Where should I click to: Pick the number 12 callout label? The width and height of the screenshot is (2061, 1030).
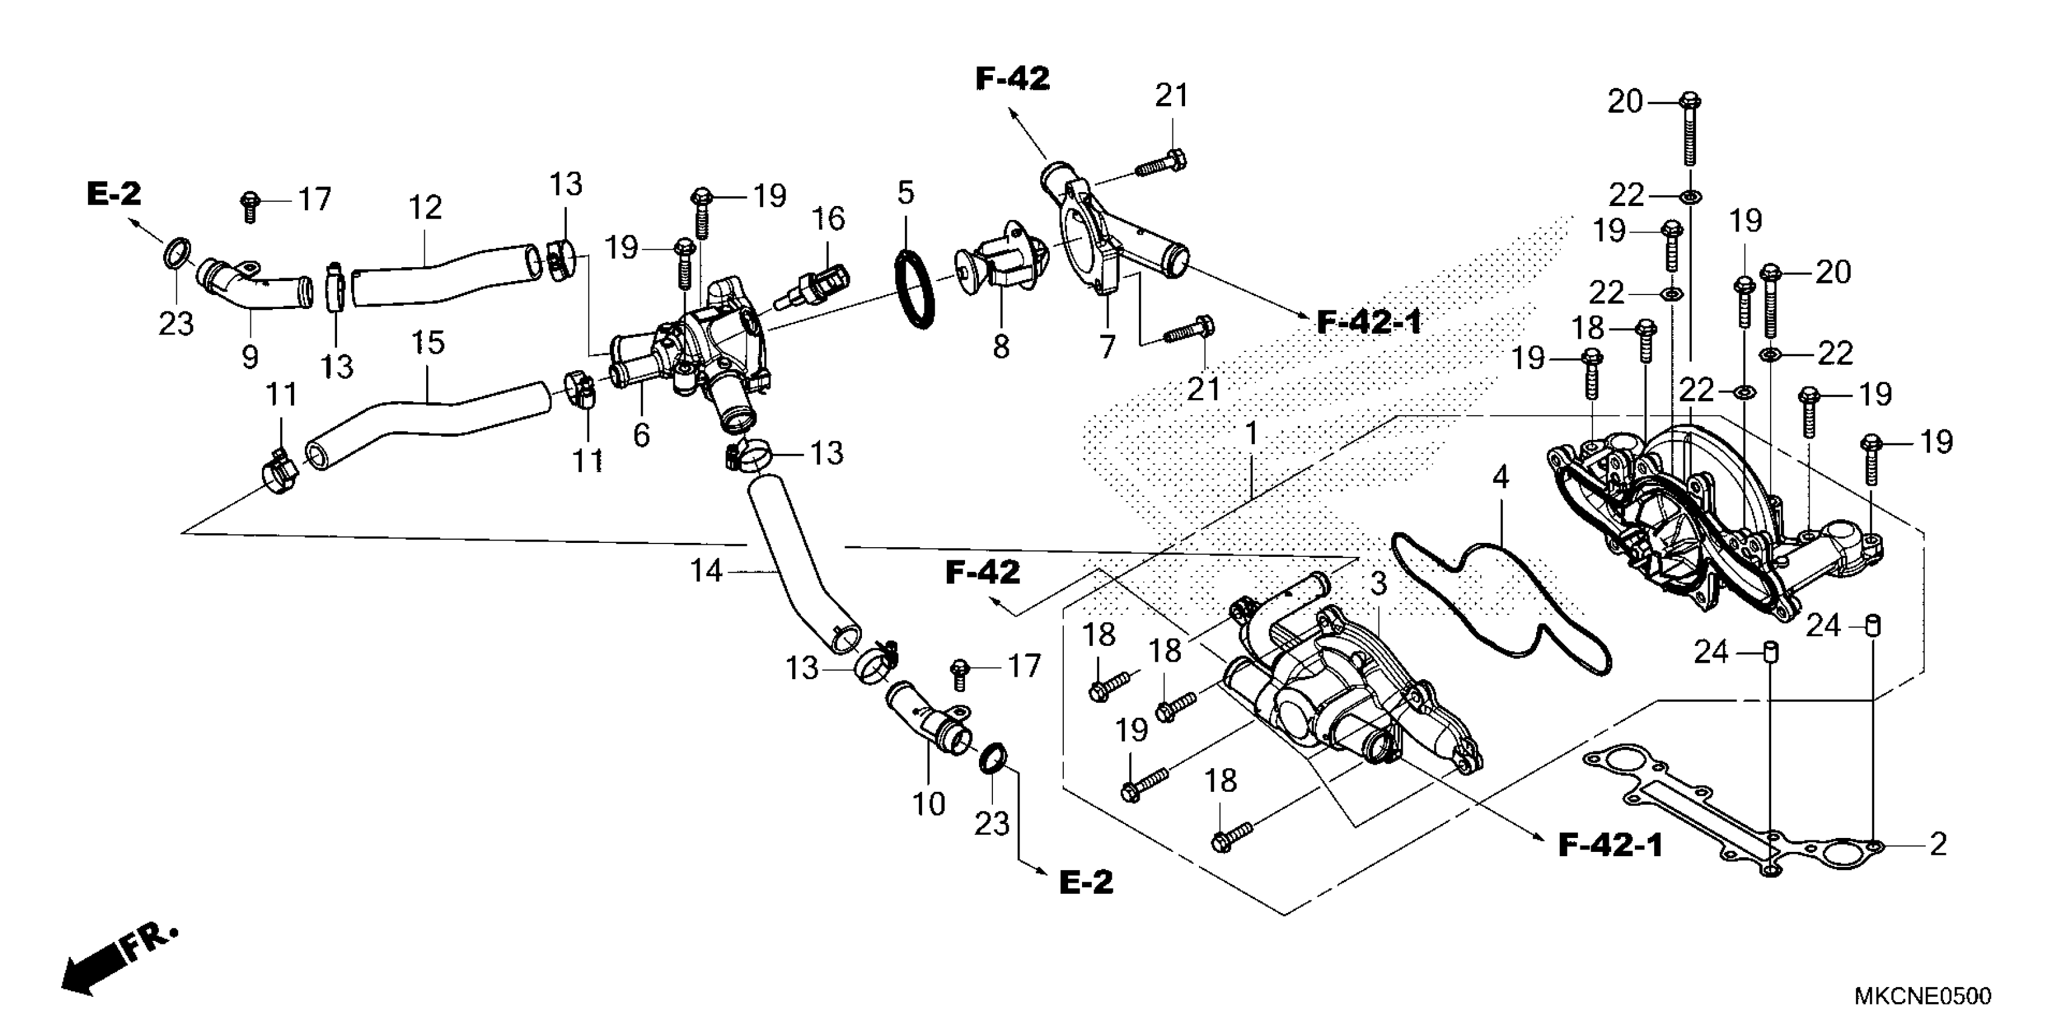pyautogui.click(x=425, y=208)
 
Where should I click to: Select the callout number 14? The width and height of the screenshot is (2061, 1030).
pyautogui.click(x=706, y=571)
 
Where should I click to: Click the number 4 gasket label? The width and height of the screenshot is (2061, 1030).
pyautogui.click(x=1500, y=478)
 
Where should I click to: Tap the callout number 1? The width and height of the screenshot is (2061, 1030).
pyautogui.click(x=1251, y=434)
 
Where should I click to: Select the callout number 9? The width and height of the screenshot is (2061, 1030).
pyautogui.click(x=250, y=357)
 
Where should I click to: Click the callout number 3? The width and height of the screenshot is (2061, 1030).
pyautogui.click(x=1378, y=585)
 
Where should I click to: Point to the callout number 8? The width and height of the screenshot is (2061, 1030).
pyautogui.click(x=1001, y=347)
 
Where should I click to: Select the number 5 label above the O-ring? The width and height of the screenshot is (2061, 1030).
pyautogui.click(x=905, y=193)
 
